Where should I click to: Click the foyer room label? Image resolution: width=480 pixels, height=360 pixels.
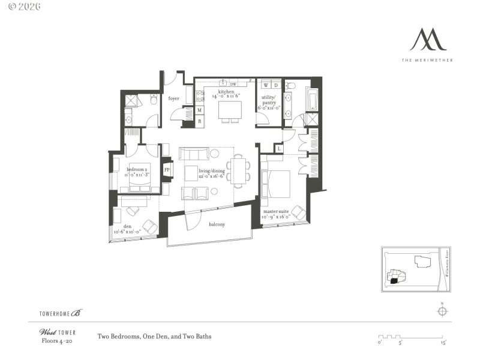(x=174, y=98)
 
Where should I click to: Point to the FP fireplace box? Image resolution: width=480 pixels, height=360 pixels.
(x=167, y=170)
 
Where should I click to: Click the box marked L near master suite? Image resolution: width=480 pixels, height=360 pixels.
(x=279, y=148)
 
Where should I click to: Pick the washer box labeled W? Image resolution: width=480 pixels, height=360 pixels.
(x=266, y=85)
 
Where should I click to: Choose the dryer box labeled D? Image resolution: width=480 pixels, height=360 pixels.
(x=276, y=85)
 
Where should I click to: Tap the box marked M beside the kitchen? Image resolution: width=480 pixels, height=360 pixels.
(x=200, y=110)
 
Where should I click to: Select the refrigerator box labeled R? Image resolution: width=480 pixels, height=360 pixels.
(x=200, y=121)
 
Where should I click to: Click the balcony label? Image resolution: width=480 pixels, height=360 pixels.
(x=217, y=224)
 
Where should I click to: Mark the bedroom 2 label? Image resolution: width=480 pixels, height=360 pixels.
(x=137, y=170)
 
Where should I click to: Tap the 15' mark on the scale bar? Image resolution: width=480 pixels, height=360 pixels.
(x=444, y=343)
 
